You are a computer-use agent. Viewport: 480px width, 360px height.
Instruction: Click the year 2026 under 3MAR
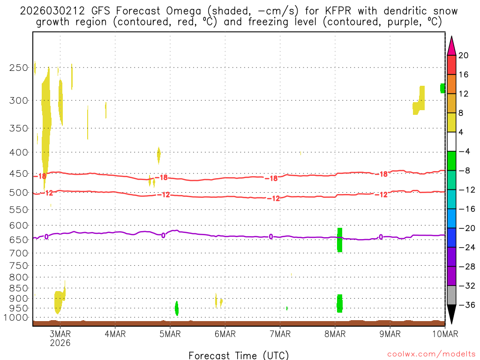(60, 343)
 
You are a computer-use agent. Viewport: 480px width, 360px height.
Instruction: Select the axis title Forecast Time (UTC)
(239, 355)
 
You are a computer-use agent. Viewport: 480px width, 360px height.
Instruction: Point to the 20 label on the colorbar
(464, 55)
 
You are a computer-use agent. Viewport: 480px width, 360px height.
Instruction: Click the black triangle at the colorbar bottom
(451, 314)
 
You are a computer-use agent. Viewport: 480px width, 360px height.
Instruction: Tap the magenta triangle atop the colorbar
(451, 45)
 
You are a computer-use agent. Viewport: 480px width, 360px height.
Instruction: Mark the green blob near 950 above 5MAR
(176, 308)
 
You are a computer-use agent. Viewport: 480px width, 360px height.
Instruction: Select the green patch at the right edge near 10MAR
(442, 88)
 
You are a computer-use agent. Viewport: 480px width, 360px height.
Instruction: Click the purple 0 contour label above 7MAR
(271, 236)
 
